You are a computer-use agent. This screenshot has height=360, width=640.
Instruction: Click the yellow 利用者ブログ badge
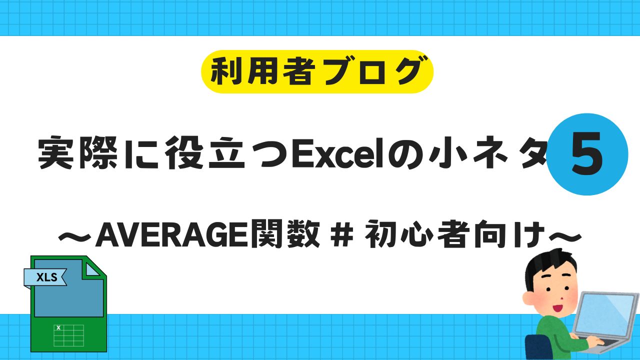point(317,71)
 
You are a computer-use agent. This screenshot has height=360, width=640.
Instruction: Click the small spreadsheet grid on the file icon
point(68,334)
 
